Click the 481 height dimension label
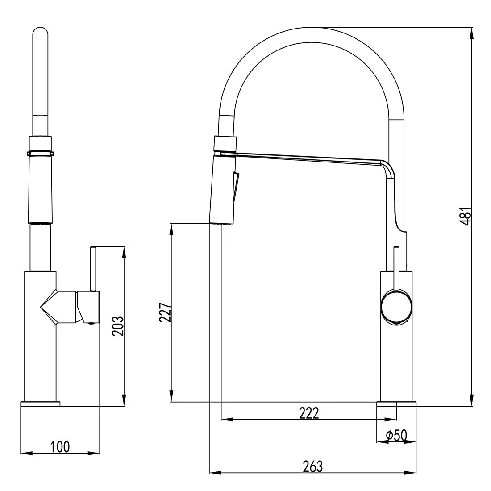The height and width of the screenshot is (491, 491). click(x=465, y=216)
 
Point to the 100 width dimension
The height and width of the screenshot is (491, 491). click(x=60, y=446)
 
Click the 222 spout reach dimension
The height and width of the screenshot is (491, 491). click(x=309, y=413)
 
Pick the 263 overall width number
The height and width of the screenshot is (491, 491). click(x=312, y=466)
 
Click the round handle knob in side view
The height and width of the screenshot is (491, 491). click(x=395, y=307)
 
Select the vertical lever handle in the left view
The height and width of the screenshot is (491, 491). click(x=93, y=268)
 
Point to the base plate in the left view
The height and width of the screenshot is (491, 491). click(x=40, y=404)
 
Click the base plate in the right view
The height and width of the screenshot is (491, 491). click(x=396, y=404)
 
